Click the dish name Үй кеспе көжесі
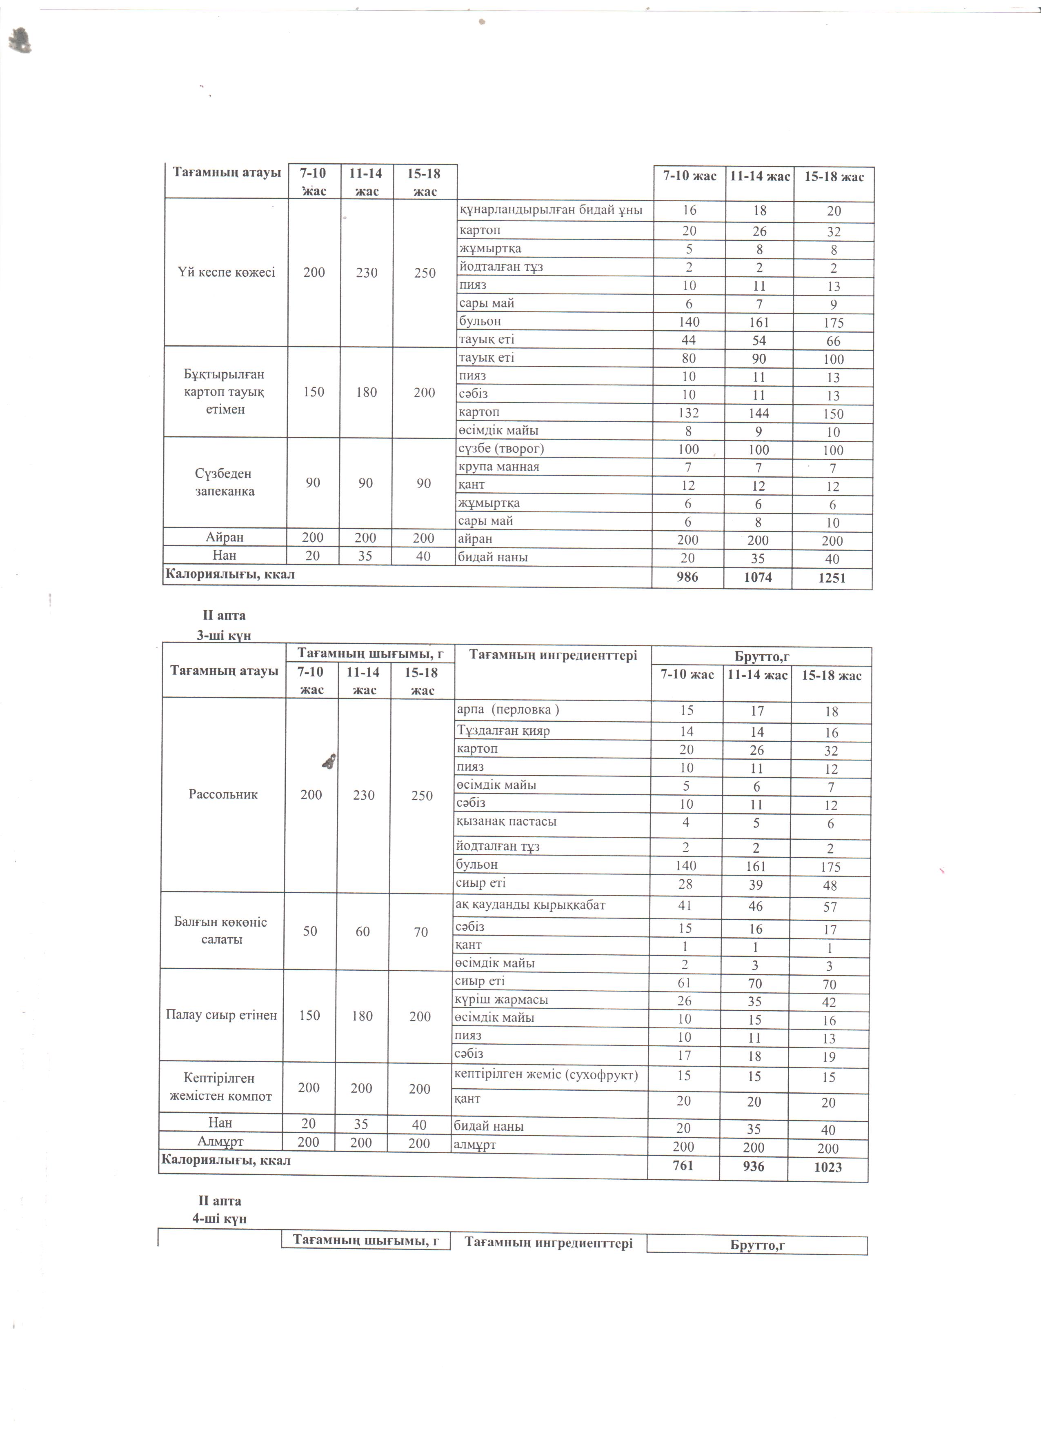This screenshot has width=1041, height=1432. tap(227, 273)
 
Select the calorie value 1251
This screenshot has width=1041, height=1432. tap(832, 578)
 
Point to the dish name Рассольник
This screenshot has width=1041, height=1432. tap(223, 794)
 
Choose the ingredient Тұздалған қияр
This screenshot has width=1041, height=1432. tap(503, 731)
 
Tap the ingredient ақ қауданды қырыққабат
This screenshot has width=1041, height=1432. tap(530, 905)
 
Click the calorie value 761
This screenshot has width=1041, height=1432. tap(683, 1165)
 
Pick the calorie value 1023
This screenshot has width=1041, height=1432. tap(827, 1167)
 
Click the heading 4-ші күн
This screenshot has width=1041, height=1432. tap(219, 1218)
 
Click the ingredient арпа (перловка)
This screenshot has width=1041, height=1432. tap(507, 709)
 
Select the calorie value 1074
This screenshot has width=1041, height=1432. tap(758, 577)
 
